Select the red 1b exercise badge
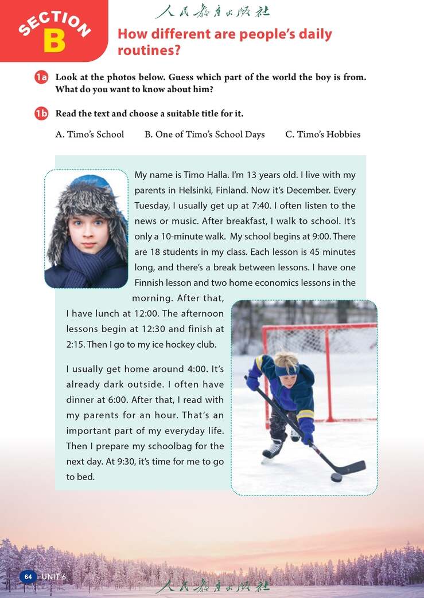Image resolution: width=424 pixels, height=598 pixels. pyautogui.click(x=41, y=113)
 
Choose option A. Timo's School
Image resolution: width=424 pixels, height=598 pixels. pyautogui.click(x=90, y=135)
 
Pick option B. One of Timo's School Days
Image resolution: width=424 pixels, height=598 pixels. pyautogui.click(x=205, y=135)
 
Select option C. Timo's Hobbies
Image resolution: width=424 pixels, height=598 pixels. pyautogui.click(x=323, y=135)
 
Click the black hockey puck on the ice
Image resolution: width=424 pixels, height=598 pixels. pyautogui.click(x=336, y=477)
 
